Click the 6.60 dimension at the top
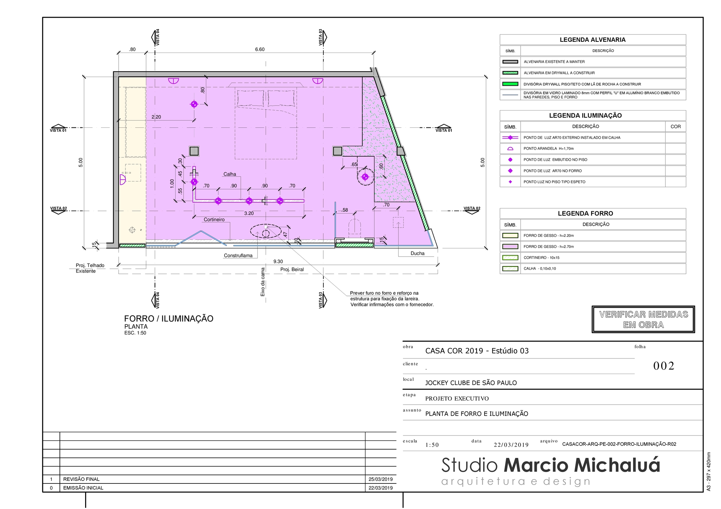(x=260, y=49)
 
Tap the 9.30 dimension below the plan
(x=278, y=262)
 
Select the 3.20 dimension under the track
(x=249, y=213)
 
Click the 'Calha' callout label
(x=230, y=174)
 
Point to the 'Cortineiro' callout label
(x=214, y=220)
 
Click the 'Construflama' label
(x=238, y=256)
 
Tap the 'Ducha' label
(x=417, y=253)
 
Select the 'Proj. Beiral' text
(x=292, y=270)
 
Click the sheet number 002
(x=664, y=366)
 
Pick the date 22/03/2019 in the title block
(x=511, y=445)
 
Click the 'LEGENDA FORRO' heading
(x=585, y=213)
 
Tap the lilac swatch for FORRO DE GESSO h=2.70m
(x=510, y=247)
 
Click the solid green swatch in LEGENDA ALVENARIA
(x=510, y=84)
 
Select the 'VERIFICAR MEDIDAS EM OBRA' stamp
(x=643, y=319)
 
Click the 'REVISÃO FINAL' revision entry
(x=81, y=479)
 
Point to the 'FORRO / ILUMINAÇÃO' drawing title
(x=169, y=319)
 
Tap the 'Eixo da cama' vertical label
(x=263, y=282)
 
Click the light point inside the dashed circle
(x=365, y=177)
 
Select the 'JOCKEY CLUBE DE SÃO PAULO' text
(x=471, y=383)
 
